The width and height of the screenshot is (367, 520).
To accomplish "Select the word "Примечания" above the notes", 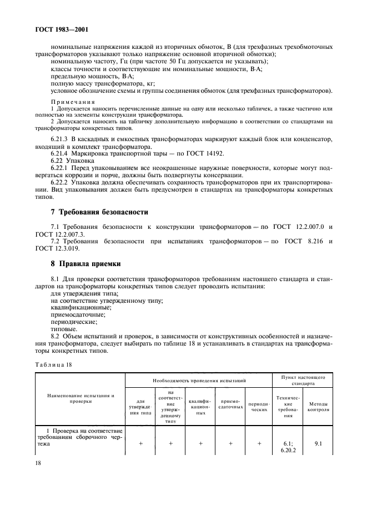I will point(73,102).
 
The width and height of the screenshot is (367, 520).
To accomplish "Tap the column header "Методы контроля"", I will point(318,407).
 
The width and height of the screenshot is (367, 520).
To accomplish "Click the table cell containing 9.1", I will point(318,444).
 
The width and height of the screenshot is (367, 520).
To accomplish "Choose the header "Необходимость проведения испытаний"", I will point(199,381).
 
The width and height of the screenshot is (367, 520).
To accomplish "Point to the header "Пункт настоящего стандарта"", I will point(303,381).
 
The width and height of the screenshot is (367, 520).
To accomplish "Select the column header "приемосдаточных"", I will point(229,407).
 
